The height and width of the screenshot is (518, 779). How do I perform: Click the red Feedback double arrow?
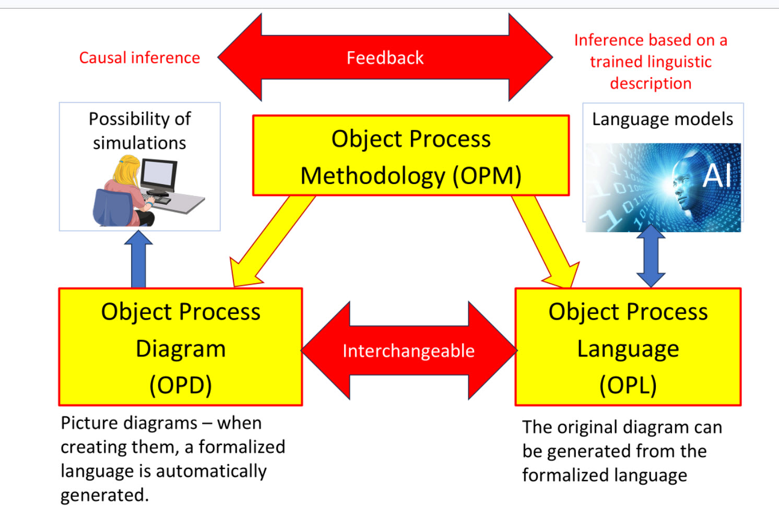pyautogui.click(x=385, y=57)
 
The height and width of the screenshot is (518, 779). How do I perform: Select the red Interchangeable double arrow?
pyautogui.click(x=408, y=351)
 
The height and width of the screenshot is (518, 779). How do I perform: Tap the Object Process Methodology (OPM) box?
pyautogui.click(x=411, y=156)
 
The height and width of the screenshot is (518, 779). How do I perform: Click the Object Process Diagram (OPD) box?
pyautogui.click(x=181, y=347)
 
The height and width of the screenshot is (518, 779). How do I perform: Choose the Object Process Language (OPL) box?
pyautogui.click(x=628, y=347)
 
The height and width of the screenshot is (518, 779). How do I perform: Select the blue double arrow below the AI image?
pyautogui.click(x=651, y=256)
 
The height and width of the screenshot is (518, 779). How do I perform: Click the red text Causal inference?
pyautogui.click(x=139, y=57)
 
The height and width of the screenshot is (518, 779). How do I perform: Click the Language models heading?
pyautogui.click(x=662, y=119)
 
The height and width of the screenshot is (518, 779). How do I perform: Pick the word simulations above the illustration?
pyautogui.click(x=139, y=142)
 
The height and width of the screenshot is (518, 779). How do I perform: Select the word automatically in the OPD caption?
pyautogui.click(x=211, y=471)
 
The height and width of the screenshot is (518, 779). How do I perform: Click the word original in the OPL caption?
pyautogui.click(x=589, y=427)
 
